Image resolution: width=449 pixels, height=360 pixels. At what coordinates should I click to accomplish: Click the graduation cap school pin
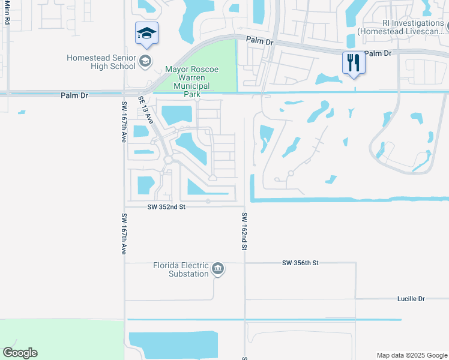(146, 33)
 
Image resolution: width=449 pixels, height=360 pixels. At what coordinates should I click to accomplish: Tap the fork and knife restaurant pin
(353, 62)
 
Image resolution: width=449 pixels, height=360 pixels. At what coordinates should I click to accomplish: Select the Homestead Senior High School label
(101, 62)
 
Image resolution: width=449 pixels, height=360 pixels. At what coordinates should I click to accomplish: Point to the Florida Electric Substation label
(181, 269)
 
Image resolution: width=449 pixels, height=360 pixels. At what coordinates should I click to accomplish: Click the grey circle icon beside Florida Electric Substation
(218, 269)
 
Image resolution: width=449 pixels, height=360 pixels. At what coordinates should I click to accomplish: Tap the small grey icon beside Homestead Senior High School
(145, 61)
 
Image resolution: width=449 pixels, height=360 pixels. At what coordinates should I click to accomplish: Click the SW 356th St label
(300, 263)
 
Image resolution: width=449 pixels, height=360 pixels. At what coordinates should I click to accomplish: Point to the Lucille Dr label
(411, 298)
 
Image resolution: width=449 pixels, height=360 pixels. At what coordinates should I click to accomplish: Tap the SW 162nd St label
(245, 230)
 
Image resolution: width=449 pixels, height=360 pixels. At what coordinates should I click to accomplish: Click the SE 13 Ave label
(146, 110)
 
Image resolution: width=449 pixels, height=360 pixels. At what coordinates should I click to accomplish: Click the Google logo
(20, 353)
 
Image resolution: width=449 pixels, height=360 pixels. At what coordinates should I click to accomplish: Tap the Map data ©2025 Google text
(411, 355)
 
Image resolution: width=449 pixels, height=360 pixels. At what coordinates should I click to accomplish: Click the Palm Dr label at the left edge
(74, 95)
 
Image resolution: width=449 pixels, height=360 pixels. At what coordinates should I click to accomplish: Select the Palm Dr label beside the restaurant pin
(378, 53)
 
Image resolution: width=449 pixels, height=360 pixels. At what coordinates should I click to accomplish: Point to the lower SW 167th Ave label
(124, 234)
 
